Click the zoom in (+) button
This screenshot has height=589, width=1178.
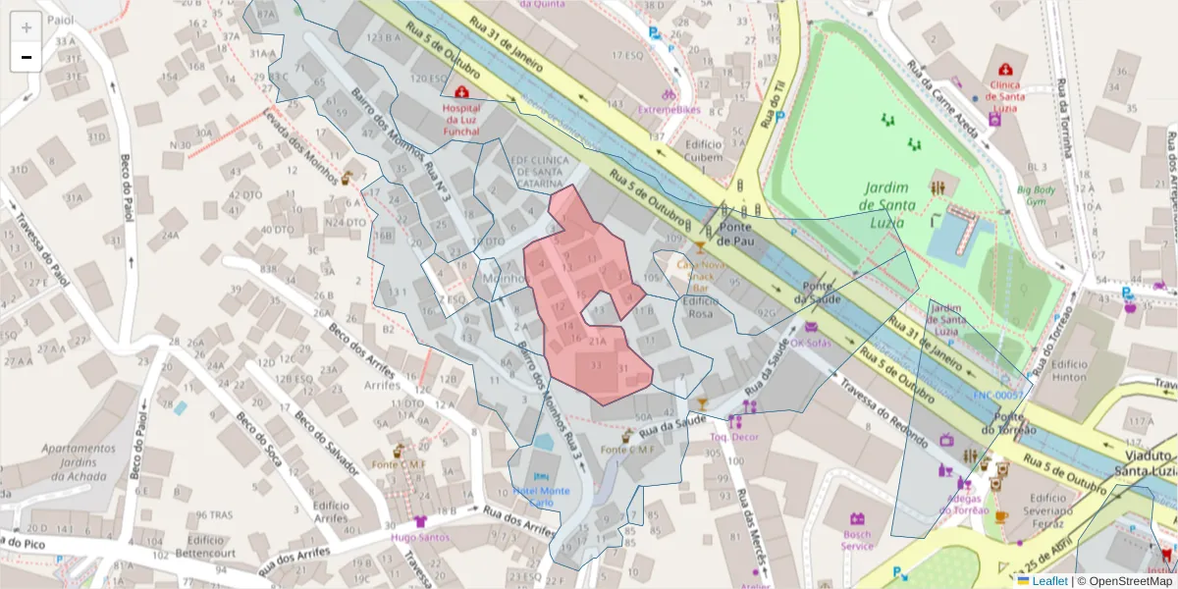26,27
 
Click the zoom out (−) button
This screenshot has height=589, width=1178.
26,57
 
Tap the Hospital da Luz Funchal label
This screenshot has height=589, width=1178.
461,118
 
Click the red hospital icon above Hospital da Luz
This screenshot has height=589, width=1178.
461,91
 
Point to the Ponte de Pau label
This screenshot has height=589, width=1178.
734,233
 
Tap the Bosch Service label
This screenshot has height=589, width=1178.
857,540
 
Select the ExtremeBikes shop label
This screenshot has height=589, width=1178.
669,110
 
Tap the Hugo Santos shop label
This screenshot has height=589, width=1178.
420,537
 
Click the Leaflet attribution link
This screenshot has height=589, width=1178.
1049,581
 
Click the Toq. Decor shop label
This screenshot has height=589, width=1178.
734,437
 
